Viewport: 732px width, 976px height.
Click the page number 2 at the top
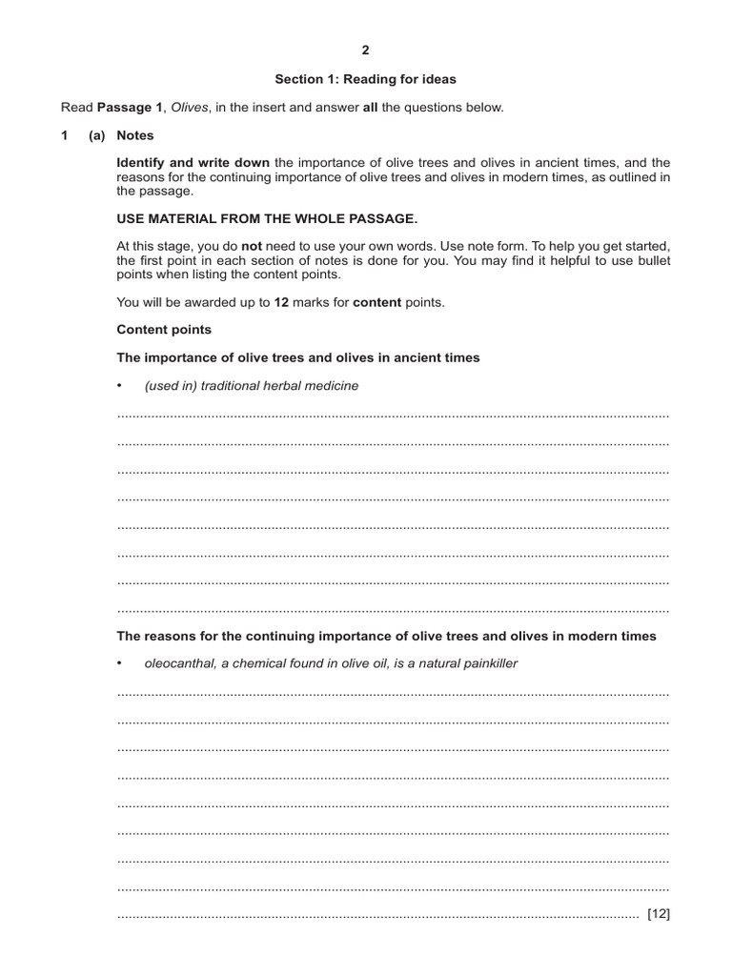pyautogui.click(x=365, y=51)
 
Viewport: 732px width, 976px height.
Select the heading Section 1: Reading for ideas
pyautogui.click(x=365, y=79)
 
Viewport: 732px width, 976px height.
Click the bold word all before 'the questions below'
pyautogui.click(x=372, y=108)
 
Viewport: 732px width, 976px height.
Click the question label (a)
pyautogui.click(x=96, y=136)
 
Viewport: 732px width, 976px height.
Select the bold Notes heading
pyautogui.click(x=134, y=136)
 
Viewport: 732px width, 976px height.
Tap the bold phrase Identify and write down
pyautogui.click(x=193, y=163)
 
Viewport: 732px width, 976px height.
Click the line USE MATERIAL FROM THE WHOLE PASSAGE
pyautogui.click(x=267, y=218)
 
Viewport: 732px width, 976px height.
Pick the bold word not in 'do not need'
pyautogui.click(x=252, y=247)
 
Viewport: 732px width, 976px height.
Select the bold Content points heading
pyautogui.click(x=164, y=330)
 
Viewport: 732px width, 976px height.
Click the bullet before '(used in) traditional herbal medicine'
pyautogui.click(x=120, y=386)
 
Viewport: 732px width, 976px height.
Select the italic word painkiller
pyautogui.click(x=486, y=663)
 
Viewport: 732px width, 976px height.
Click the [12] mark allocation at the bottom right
pyautogui.click(x=659, y=914)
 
